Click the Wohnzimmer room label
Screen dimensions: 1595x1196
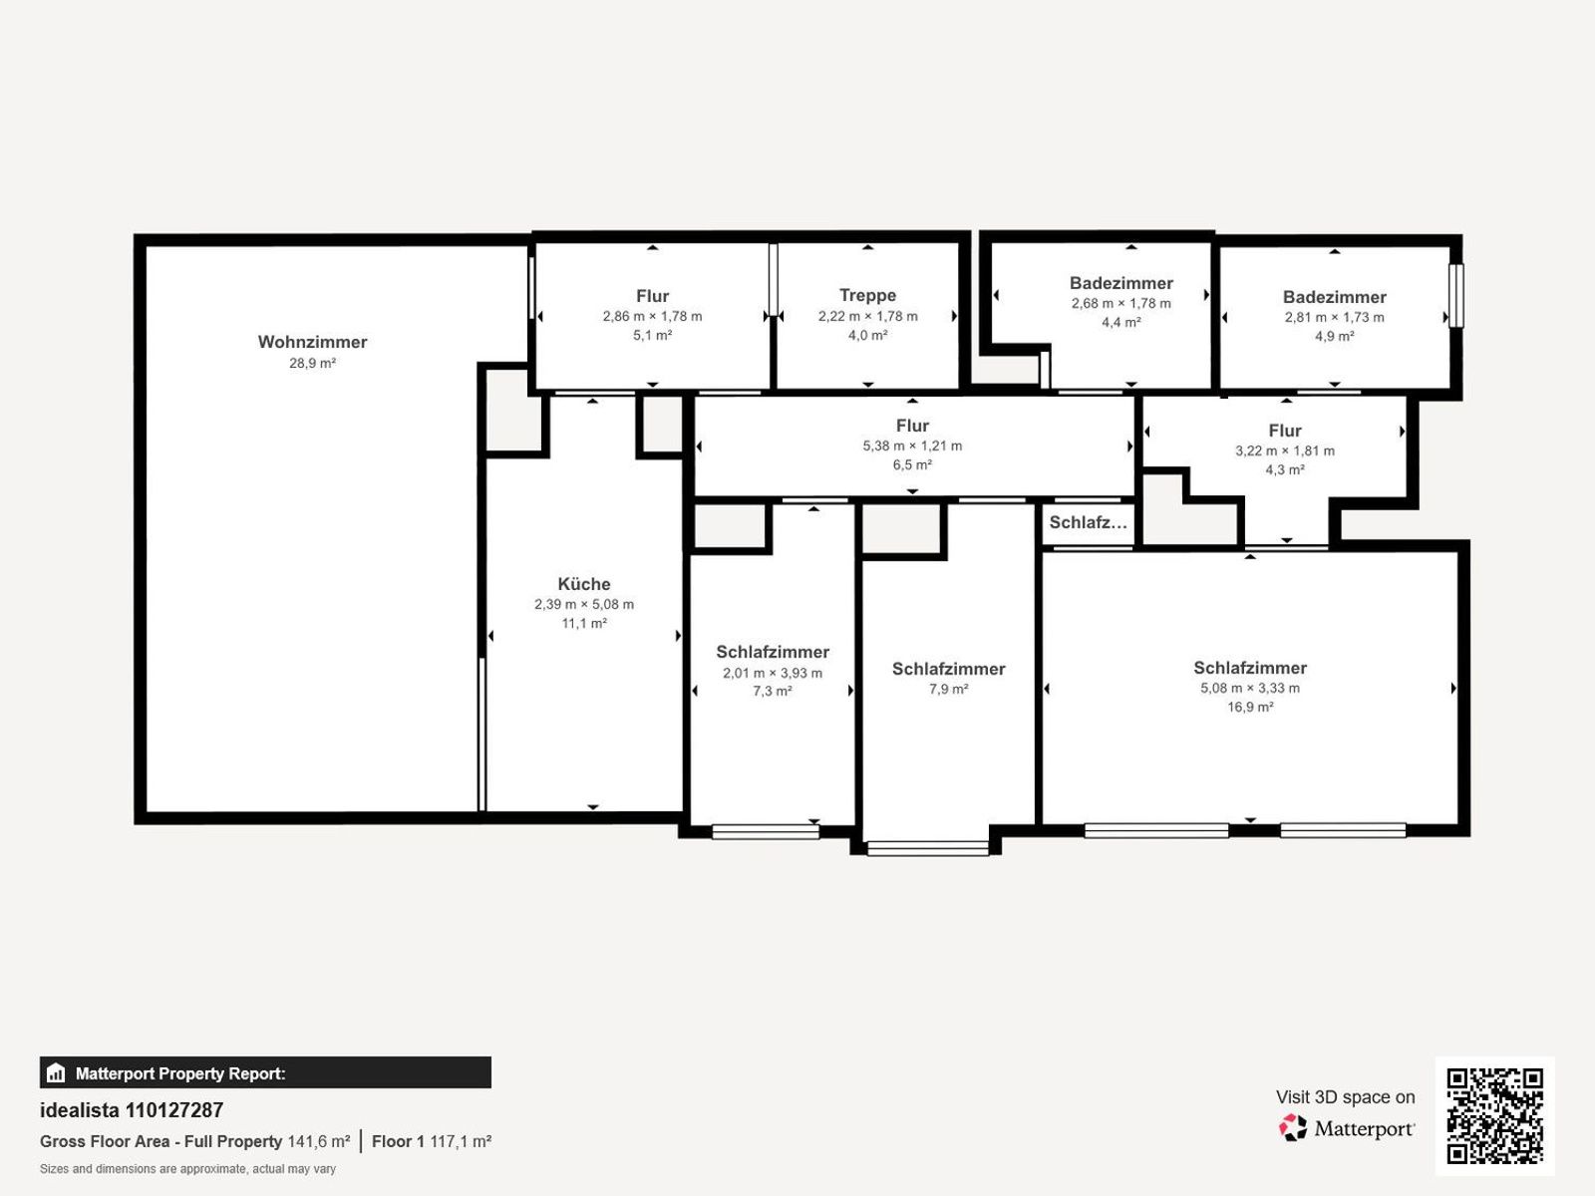click(x=312, y=342)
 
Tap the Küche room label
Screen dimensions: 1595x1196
click(x=584, y=584)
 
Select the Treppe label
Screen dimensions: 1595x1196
click(x=867, y=296)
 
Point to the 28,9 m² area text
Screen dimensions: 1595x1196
click(x=312, y=363)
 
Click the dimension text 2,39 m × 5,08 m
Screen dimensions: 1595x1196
click(x=584, y=604)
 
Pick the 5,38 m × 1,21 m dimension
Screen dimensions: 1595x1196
click(x=912, y=446)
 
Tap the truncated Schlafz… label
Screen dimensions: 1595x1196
click(x=1088, y=523)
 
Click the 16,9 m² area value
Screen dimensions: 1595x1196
click(x=1250, y=707)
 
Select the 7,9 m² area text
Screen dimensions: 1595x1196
click(x=948, y=689)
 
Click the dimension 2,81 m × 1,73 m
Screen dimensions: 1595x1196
click(x=1334, y=317)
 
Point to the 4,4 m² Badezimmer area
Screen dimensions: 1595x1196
click(x=1121, y=322)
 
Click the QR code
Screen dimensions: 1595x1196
click(x=1494, y=1116)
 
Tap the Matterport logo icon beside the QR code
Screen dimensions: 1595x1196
click(x=1293, y=1128)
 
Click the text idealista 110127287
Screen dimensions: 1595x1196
click(x=132, y=1110)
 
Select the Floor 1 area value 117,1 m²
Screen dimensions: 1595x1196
click(x=461, y=1141)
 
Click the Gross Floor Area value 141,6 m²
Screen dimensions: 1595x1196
click(x=319, y=1141)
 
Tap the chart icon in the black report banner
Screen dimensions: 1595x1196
click(x=56, y=1072)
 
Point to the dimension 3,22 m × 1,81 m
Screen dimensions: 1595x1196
click(x=1285, y=450)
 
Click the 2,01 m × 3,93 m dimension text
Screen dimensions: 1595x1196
click(x=773, y=673)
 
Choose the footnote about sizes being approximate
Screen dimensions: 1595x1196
click(x=187, y=1169)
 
